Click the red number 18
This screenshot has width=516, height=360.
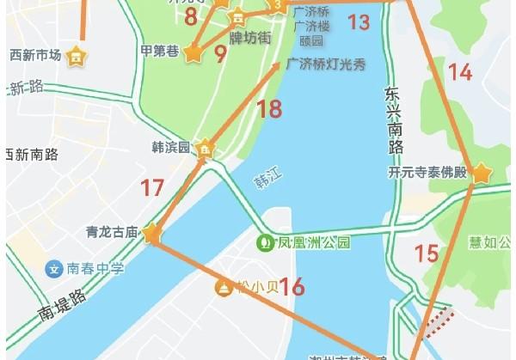point(269,108)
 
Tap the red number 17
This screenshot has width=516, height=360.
point(152,186)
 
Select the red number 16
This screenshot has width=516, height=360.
point(292,287)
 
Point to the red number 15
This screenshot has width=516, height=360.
point(427,253)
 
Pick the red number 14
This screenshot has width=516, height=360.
point(461,72)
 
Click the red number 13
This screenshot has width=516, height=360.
point(359,21)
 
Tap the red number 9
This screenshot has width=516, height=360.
point(220,53)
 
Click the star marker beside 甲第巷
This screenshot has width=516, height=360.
point(193,52)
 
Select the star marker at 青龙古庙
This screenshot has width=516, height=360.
point(152,233)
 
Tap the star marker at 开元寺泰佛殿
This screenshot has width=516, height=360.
point(480,174)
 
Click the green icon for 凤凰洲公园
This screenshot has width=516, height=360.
point(266,242)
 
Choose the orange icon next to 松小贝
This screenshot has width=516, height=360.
point(223,287)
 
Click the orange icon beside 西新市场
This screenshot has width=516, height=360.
point(77,57)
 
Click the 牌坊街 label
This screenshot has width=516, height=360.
point(250,38)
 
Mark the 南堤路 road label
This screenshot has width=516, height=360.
point(64,305)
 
